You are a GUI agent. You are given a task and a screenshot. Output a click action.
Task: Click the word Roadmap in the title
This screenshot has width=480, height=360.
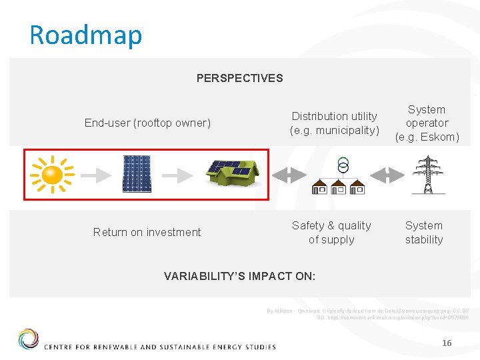tap(86, 35)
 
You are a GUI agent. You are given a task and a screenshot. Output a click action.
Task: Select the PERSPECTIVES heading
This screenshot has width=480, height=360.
tap(239, 78)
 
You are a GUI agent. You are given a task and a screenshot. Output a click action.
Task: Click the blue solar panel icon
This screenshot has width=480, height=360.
tap(137, 173)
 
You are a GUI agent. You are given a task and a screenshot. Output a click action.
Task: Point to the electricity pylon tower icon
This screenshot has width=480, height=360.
tap(427, 175)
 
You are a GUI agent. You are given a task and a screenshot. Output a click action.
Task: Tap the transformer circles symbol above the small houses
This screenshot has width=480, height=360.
tap(343, 165)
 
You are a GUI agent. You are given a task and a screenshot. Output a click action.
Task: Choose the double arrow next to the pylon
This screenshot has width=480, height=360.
tap(386, 175)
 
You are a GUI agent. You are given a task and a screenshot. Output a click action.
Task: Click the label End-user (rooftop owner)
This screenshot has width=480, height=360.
tap(147, 123)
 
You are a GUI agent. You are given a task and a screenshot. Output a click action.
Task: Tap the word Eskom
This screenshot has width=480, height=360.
tap(438, 137)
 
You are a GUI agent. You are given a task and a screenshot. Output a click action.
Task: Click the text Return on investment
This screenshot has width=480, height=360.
tap(147, 232)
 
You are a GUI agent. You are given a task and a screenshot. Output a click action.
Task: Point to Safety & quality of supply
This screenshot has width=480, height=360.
tap(331, 232)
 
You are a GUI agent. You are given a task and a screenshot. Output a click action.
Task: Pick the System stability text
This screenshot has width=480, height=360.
tap(424, 232)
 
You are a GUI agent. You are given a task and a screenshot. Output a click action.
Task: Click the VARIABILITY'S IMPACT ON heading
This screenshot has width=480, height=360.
tap(239, 276)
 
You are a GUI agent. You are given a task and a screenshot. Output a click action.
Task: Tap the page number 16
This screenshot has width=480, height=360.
tap(447, 343)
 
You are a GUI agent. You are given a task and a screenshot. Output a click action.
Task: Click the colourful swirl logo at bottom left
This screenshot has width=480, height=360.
tap(28, 339)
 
